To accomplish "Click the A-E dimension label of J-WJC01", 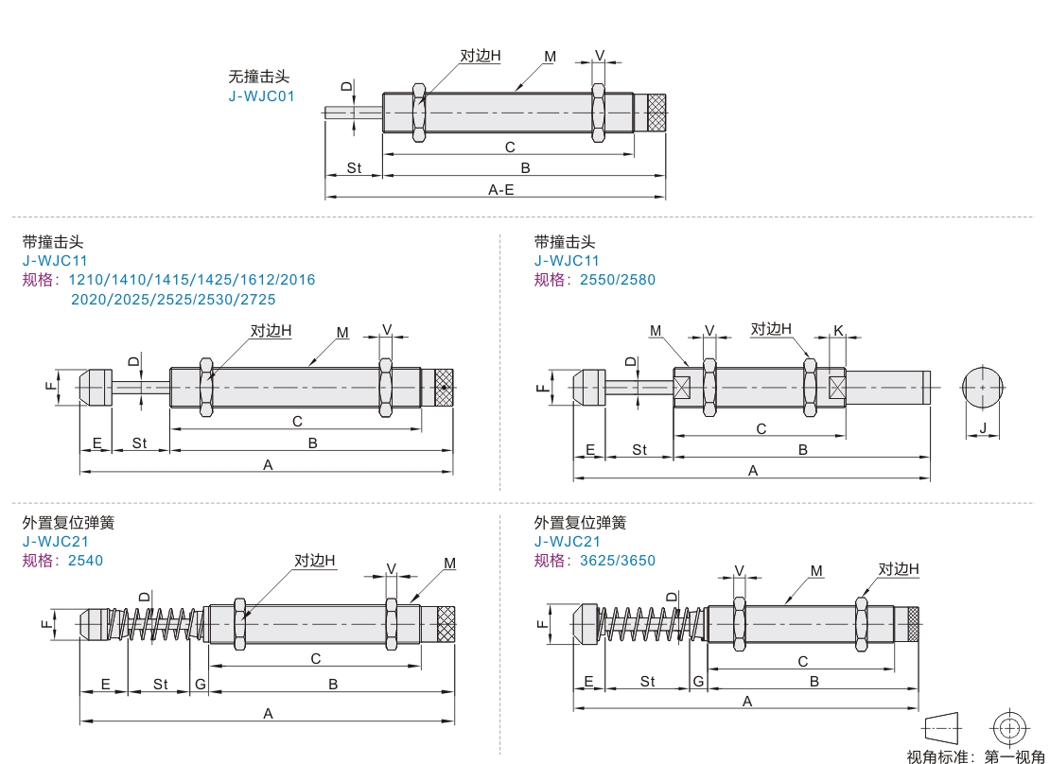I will click(x=500, y=189).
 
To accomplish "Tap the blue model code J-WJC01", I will click(x=262, y=95).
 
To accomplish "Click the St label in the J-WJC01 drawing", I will click(x=354, y=167).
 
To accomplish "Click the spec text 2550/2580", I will click(x=617, y=279).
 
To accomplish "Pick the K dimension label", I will click(x=838, y=330).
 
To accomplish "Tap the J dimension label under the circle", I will click(x=983, y=428).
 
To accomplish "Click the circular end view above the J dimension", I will click(x=983, y=387).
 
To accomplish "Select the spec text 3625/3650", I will click(x=617, y=560).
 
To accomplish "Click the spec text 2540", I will click(x=85, y=560).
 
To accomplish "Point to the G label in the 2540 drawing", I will click(x=200, y=684).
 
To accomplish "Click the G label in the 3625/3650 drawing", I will click(x=698, y=681).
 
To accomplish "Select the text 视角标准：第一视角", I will click(x=975, y=756).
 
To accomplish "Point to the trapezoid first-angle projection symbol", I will click(x=941, y=728).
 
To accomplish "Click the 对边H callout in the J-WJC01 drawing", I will click(x=481, y=56).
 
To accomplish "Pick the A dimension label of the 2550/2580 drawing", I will click(x=753, y=470).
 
